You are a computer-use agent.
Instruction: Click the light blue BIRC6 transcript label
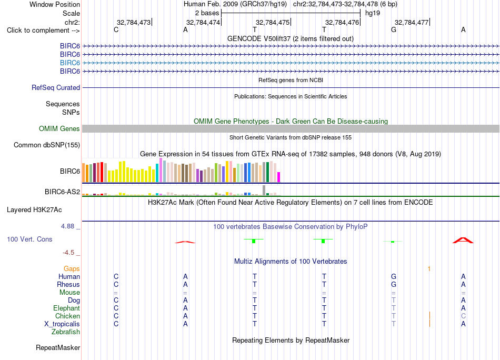70,63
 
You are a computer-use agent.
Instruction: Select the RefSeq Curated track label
56,88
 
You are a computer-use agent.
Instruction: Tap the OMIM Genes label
59,128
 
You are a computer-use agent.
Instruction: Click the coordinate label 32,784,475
273,22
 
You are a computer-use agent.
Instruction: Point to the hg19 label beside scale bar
373,13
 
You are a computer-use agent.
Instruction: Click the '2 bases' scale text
207,13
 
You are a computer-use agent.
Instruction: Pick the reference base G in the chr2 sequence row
394,29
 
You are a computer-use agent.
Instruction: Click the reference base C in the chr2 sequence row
116,29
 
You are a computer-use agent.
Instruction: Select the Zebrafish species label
66,332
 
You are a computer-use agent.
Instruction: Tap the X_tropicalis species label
62,324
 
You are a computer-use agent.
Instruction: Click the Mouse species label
69,293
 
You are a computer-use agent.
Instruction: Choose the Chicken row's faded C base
463,316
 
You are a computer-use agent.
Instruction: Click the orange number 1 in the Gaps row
429,269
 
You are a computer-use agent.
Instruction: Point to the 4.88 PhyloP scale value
67,226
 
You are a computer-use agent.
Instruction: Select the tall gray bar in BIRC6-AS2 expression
264,190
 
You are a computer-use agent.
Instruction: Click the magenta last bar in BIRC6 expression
279,177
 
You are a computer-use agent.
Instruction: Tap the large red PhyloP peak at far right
463,241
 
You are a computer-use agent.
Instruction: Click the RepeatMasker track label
58,347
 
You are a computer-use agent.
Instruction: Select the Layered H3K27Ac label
34,210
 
